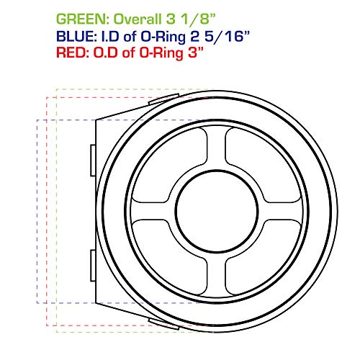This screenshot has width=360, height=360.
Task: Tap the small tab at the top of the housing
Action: (x=160, y=97)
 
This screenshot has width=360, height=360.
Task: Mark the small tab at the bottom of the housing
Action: (x=160, y=319)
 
